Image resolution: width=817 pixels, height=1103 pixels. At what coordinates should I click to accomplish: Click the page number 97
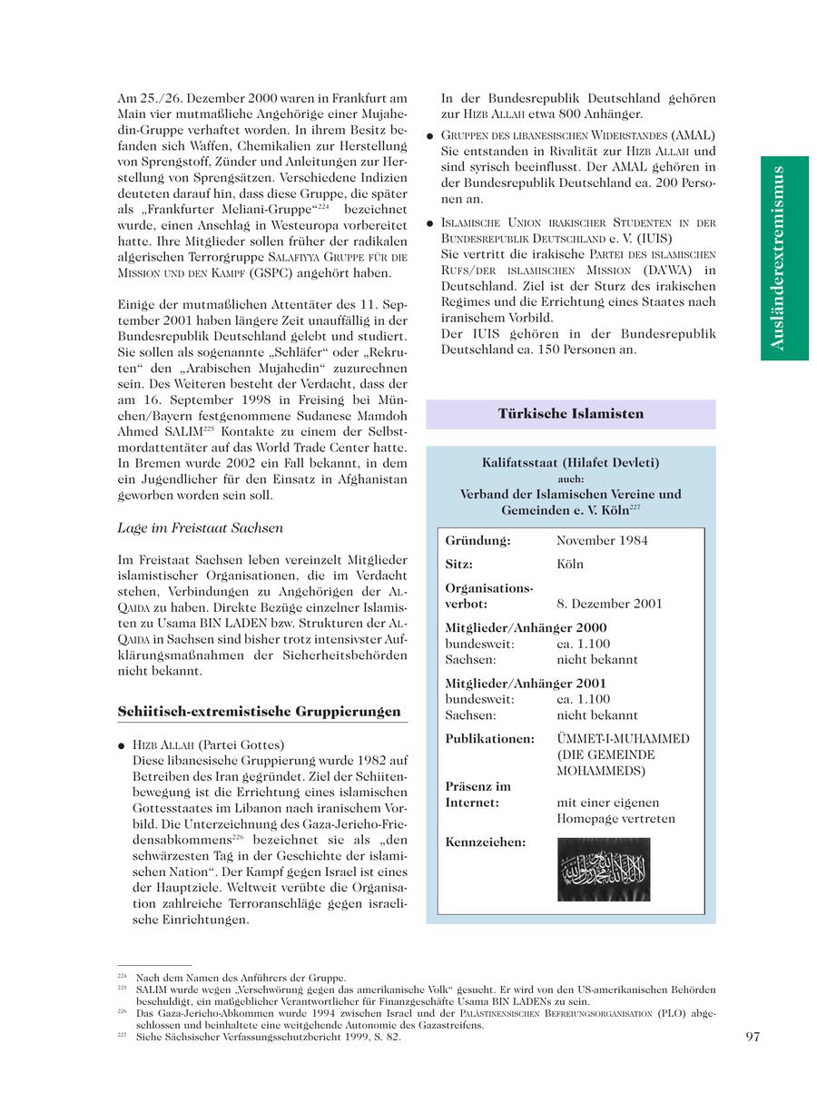(x=752, y=1038)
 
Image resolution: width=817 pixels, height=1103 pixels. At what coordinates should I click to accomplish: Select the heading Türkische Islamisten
(x=570, y=414)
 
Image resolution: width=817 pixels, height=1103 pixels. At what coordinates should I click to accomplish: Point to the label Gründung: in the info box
(x=477, y=541)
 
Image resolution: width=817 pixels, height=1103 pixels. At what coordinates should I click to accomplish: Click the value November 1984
(x=602, y=541)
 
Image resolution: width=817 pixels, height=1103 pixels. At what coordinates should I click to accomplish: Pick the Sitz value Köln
(x=570, y=565)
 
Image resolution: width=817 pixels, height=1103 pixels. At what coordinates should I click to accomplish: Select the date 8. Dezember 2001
(x=609, y=604)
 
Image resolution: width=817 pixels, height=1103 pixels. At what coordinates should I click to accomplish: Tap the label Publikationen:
(x=489, y=739)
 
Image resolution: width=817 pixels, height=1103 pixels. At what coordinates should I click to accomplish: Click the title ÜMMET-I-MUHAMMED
(x=623, y=739)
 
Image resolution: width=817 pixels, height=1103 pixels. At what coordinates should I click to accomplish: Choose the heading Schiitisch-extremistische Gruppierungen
(x=259, y=712)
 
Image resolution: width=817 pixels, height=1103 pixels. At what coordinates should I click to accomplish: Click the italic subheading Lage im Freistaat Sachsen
(x=200, y=528)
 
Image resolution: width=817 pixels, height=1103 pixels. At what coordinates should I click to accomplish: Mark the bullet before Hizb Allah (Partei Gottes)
(x=122, y=746)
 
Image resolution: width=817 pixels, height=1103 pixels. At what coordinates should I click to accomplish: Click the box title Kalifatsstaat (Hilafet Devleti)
(x=570, y=463)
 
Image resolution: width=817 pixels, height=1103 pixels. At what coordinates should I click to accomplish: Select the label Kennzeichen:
(x=485, y=842)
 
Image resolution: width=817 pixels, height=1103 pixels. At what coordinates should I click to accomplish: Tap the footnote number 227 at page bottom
(x=122, y=1035)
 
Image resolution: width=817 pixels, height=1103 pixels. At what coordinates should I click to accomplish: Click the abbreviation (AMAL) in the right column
(x=694, y=135)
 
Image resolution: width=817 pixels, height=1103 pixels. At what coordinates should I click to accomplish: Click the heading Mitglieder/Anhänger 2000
(x=526, y=628)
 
